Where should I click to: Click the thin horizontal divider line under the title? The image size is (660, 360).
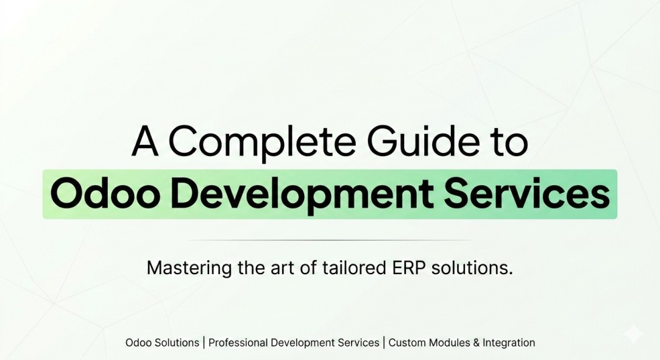point(330,240)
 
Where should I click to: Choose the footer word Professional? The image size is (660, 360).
point(238,343)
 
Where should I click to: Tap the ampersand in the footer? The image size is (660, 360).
point(476,343)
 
